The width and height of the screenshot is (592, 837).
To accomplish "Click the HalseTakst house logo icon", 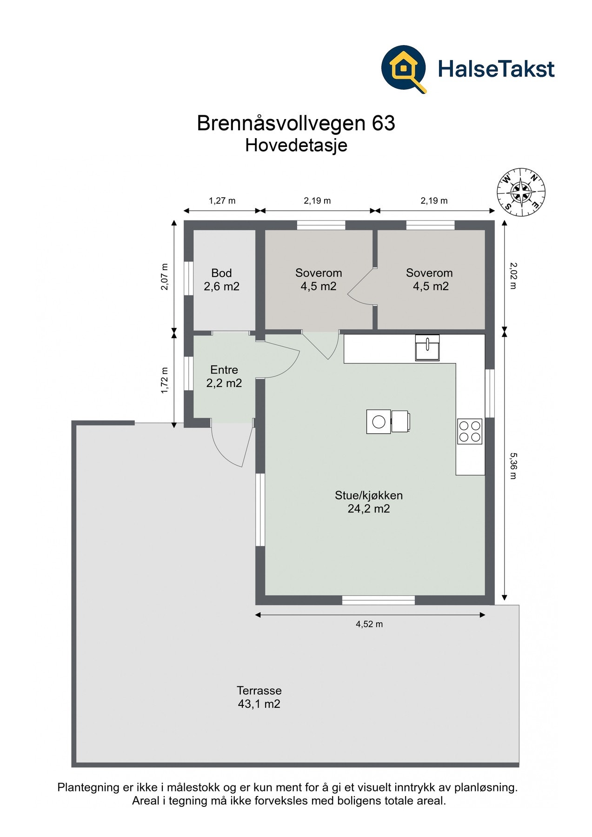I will [403, 69].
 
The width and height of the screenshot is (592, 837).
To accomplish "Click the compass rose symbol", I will [520, 192].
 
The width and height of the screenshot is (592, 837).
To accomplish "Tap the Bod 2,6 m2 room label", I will [221, 279].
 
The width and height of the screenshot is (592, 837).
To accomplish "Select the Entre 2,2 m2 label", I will [224, 376].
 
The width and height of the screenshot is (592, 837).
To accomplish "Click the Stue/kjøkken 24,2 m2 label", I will [369, 502].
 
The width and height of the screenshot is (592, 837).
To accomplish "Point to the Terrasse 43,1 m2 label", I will [259, 697].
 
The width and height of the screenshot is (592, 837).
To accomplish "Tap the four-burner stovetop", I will [470, 431].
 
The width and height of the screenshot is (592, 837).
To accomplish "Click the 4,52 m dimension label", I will [369, 624].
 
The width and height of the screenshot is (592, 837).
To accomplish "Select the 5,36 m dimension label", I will [513, 465].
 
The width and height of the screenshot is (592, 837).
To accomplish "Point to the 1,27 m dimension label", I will [222, 201].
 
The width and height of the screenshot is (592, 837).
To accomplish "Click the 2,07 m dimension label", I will [164, 277].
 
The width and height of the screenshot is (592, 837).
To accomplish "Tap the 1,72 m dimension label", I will [164, 380].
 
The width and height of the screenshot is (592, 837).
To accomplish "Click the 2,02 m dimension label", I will [513, 275].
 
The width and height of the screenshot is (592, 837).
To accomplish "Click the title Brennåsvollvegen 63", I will [296, 123].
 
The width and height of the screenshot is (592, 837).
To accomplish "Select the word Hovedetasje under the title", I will [296, 146].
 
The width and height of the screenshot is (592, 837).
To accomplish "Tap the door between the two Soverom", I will [362, 288].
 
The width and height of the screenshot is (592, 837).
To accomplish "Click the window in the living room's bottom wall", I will [378, 600].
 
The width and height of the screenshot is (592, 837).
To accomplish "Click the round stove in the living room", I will [379, 422].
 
